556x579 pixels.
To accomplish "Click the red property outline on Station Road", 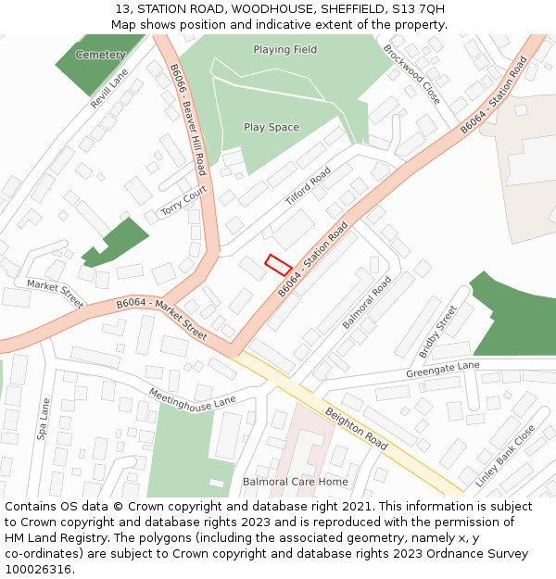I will pyautogui.click(x=279, y=264).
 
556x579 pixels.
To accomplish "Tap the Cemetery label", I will pyautogui.click(x=100, y=55).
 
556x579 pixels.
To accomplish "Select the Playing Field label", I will pyautogui.click(x=284, y=49).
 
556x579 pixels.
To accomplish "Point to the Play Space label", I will pyautogui.click(x=272, y=127).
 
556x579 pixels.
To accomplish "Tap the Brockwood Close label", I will pyautogui.click(x=412, y=73).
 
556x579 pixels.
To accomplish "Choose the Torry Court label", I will pyautogui.click(x=183, y=200).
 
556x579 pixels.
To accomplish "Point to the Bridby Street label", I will pyautogui.click(x=438, y=332).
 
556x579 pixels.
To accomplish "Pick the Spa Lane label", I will pyautogui.click(x=44, y=419).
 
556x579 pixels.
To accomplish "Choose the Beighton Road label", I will pyautogui.click(x=357, y=427).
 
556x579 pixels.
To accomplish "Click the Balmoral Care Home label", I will pyautogui.click(x=296, y=482).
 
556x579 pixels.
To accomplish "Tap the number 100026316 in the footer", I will pyautogui.click(x=38, y=570).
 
